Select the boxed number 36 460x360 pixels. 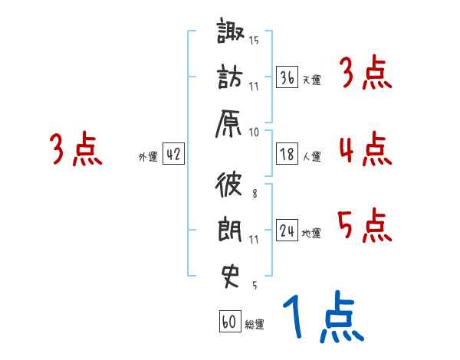[287, 77]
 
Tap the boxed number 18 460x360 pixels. [287, 154]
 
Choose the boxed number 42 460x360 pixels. [173, 154]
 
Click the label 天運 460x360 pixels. [311, 80]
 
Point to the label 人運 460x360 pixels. [311, 156]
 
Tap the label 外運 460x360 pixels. [148, 156]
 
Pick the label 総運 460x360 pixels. [255, 324]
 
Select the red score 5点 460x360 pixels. [364, 224]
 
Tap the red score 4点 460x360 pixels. [364, 149]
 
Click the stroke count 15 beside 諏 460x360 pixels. [254, 39]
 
